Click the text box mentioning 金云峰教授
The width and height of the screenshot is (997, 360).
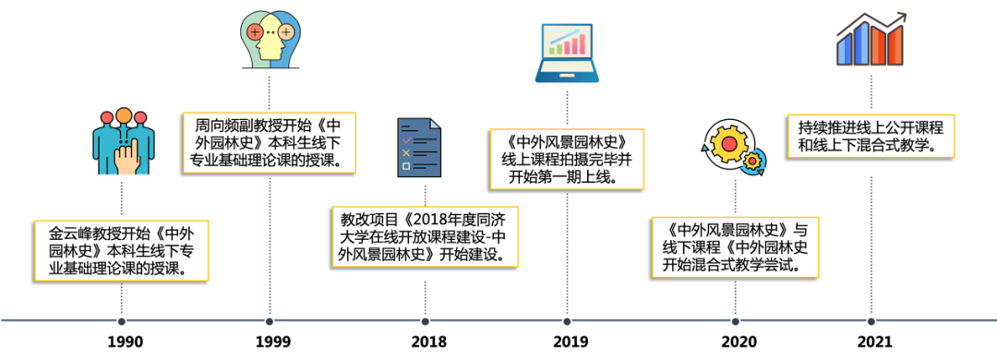[x=121, y=250]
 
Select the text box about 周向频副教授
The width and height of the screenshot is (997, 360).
[x=270, y=142]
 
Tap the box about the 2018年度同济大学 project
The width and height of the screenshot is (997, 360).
[x=425, y=235]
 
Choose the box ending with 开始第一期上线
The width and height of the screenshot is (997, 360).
[x=567, y=159]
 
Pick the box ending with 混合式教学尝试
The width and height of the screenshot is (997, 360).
[x=735, y=246]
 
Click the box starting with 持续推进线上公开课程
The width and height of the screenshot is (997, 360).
[x=871, y=136]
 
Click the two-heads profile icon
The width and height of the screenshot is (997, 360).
[x=270, y=42]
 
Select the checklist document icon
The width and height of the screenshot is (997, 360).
[x=418, y=148]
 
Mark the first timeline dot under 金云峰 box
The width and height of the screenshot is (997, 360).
[x=121, y=321]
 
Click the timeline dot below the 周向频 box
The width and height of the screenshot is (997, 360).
[x=270, y=321]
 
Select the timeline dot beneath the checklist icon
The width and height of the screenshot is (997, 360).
[x=425, y=321]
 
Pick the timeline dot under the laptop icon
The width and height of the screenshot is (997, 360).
[x=567, y=321]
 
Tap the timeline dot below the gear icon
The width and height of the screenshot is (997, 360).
[x=735, y=321]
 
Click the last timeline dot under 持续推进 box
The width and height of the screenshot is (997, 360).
[x=871, y=321]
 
